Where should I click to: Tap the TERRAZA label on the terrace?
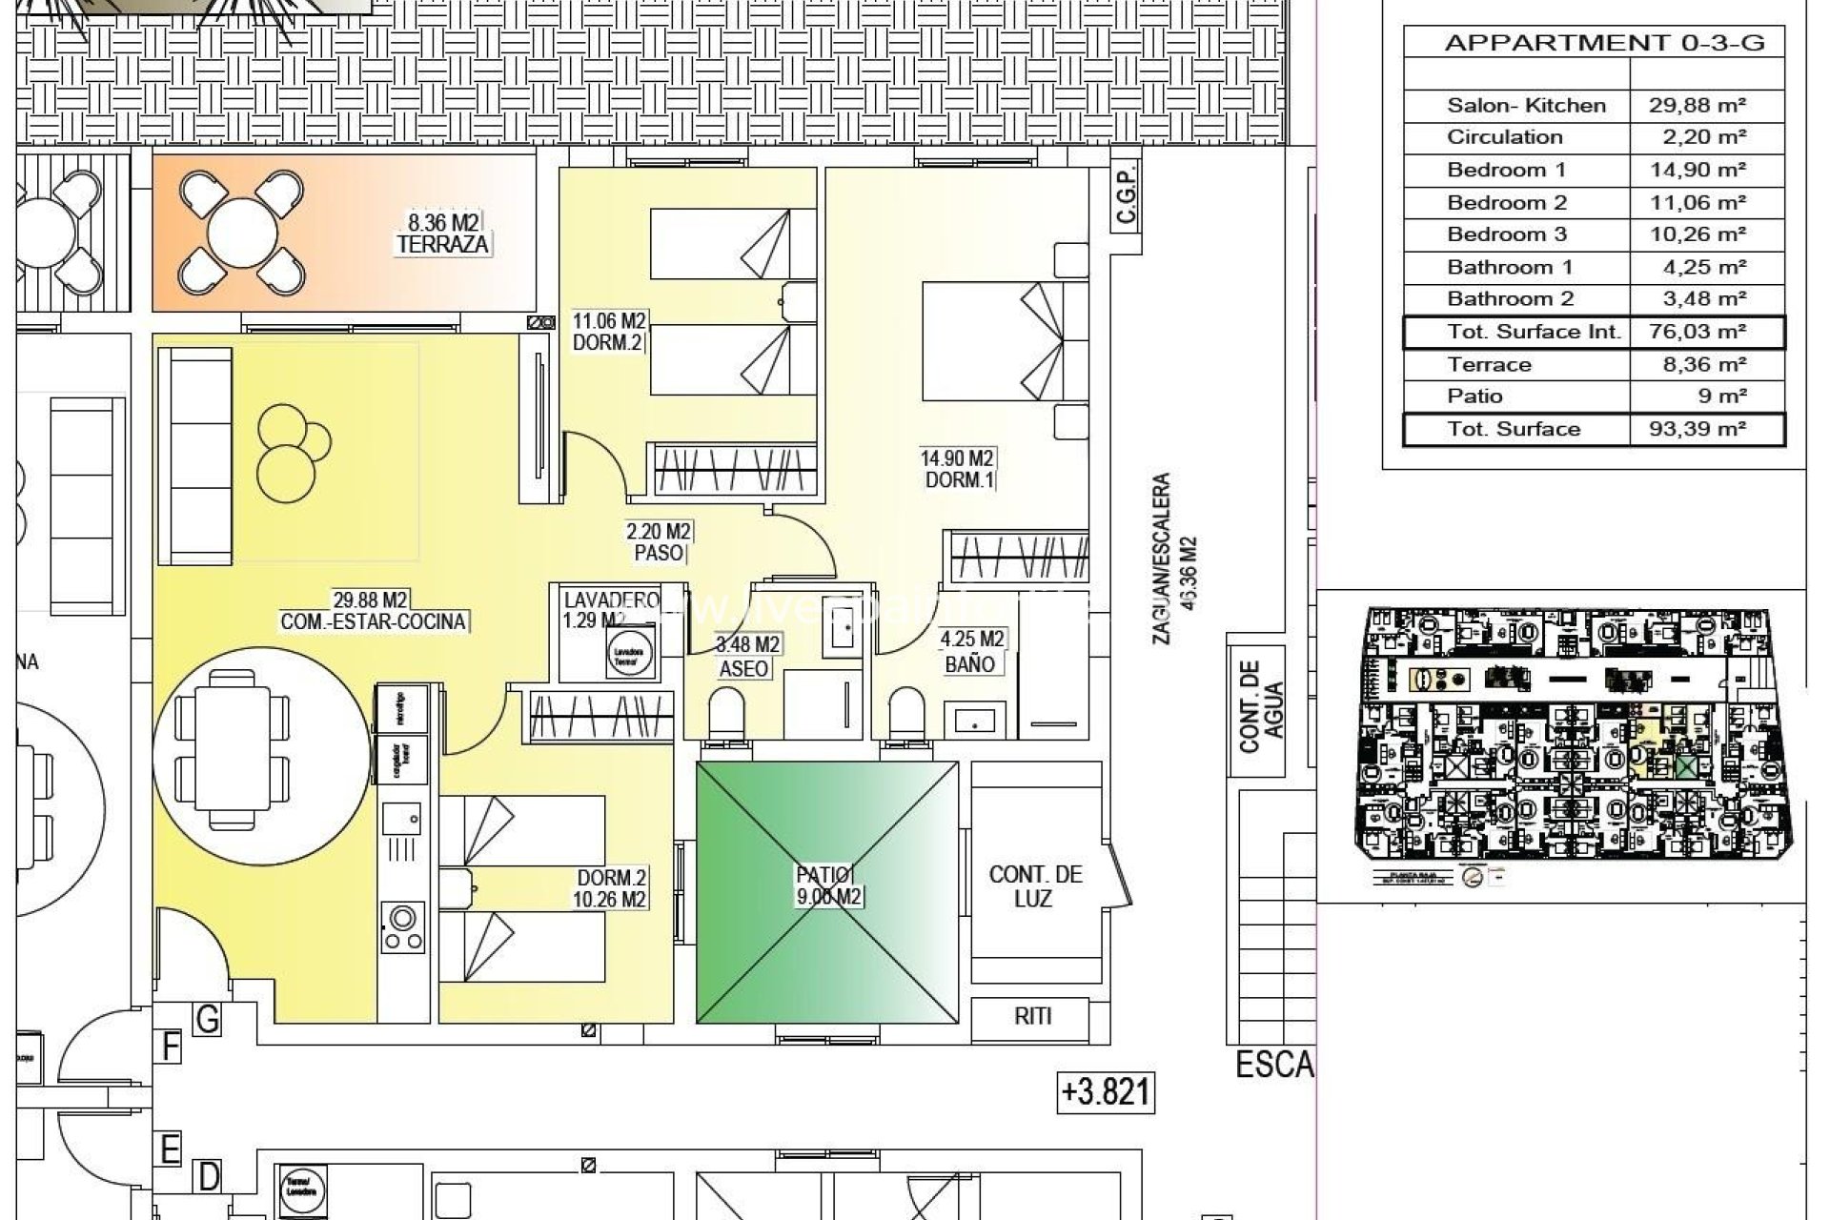[443, 244]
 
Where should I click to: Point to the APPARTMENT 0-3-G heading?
[1604, 43]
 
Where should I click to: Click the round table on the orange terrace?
[240, 233]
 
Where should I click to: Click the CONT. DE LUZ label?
[1035, 886]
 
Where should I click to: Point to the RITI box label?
[1032, 1016]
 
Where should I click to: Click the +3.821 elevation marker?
[1106, 1092]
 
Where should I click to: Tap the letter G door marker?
[207, 1020]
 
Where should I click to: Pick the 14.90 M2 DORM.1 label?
[957, 470]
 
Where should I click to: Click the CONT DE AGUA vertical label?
[1262, 705]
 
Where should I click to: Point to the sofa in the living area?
[195, 457]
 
